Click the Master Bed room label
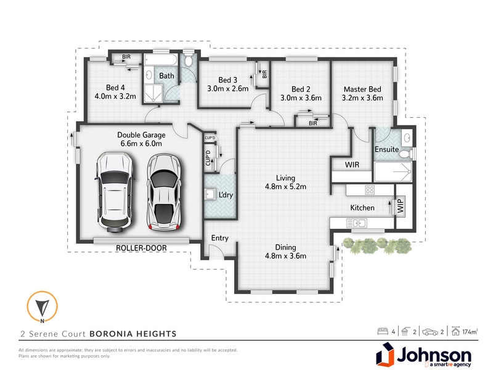[x=362, y=89]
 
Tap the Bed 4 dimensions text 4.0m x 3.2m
[x=115, y=96]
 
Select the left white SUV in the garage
[x=115, y=192]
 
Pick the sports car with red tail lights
[x=164, y=192]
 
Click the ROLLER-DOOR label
[x=141, y=248]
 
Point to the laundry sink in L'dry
[x=209, y=194]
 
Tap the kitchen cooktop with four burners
[x=370, y=190]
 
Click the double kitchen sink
[x=357, y=223]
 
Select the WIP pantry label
[x=400, y=206]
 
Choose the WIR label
[x=352, y=165]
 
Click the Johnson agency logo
[x=423, y=355]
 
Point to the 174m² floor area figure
[x=470, y=332]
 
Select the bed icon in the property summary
[x=383, y=331]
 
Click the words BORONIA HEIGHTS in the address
[x=133, y=334]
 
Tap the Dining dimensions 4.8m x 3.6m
[x=285, y=256]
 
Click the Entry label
[x=220, y=238]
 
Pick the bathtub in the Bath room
[x=161, y=59]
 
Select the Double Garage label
[x=141, y=135]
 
